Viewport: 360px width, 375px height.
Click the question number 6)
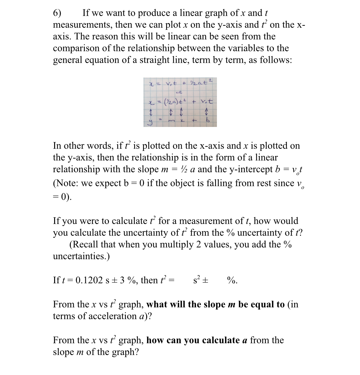click(57, 13)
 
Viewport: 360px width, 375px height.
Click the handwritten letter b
click(207, 121)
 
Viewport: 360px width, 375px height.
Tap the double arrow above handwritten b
click(207, 112)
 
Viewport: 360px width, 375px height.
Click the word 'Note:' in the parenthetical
click(66, 183)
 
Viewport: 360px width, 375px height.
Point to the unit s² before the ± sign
click(197, 280)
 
